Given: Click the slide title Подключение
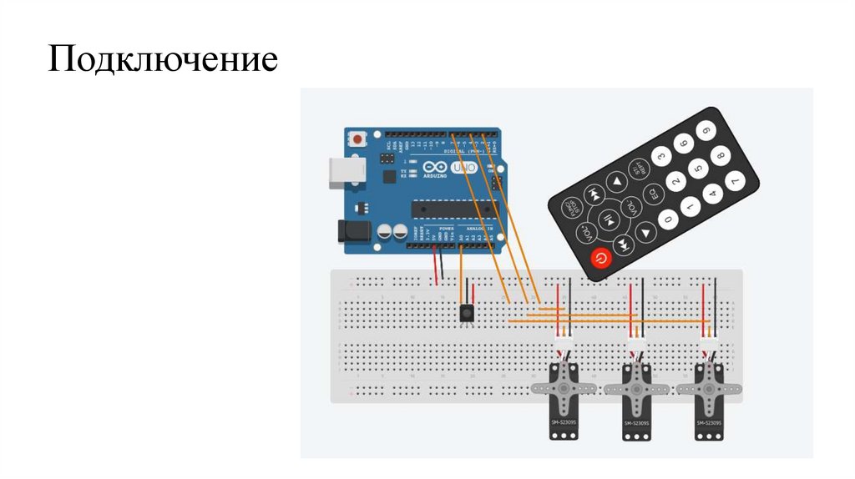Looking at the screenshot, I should pos(162,61).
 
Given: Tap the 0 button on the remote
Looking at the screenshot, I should pos(667,220).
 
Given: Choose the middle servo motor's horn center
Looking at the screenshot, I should pos(636,387).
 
